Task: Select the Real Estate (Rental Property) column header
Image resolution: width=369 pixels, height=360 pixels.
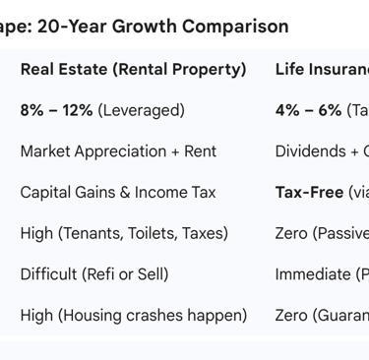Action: [x=133, y=70]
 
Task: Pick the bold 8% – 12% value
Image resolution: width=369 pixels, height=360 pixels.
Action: [x=56, y=110]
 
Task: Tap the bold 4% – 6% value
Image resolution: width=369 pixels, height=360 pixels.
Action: [x=308, y=110]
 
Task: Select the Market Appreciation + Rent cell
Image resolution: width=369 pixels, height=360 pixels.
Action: [x=118, y=151]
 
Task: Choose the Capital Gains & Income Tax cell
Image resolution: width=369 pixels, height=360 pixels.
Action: [x=118, y=193]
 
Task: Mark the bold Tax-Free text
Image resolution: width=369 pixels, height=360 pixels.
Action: [x=307, y=193]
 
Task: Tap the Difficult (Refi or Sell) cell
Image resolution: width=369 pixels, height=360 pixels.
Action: [x=93, y=274]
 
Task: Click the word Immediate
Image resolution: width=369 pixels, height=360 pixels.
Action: [x=313, y=274]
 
